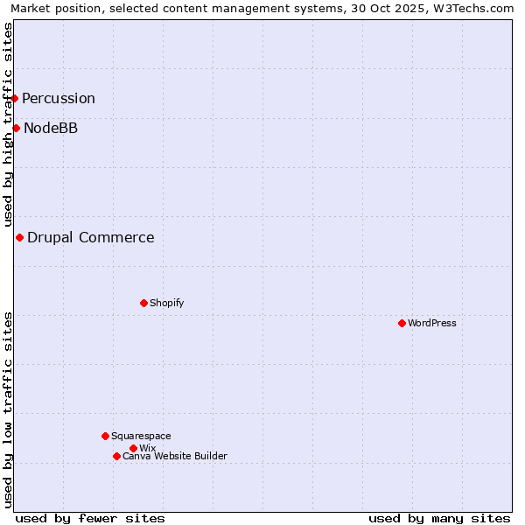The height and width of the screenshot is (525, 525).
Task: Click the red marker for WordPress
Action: [402, 323]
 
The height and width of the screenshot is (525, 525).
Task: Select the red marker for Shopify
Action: [143, 303]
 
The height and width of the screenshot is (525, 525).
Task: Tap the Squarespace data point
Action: [105, 436]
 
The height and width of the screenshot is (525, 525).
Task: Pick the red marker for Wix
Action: [133, 448]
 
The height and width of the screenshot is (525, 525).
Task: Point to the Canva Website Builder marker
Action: [116, 456]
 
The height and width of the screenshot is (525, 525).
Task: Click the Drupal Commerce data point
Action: [19, 237]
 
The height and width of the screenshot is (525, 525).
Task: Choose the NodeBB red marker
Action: [16, 128]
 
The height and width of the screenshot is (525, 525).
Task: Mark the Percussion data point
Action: [15, 98]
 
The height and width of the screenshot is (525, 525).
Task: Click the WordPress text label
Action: [432, 323]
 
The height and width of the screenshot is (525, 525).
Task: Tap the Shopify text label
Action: [167, 303]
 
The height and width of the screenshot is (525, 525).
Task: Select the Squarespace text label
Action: [141, 436]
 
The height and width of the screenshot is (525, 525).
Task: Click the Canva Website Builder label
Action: [175, 456]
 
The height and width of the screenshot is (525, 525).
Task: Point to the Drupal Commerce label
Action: [91, 237]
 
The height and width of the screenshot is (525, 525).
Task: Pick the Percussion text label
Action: [59, 98]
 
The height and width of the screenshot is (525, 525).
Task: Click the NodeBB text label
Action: [51, 128]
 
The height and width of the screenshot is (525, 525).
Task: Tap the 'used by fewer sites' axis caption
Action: [90, 518]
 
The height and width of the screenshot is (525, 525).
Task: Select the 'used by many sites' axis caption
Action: [439, 518]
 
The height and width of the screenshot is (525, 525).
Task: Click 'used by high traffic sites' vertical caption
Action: [8, 125]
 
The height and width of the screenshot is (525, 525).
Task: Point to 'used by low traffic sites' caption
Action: [8, 409]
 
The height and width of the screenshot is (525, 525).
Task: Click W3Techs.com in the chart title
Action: [472, 9]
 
